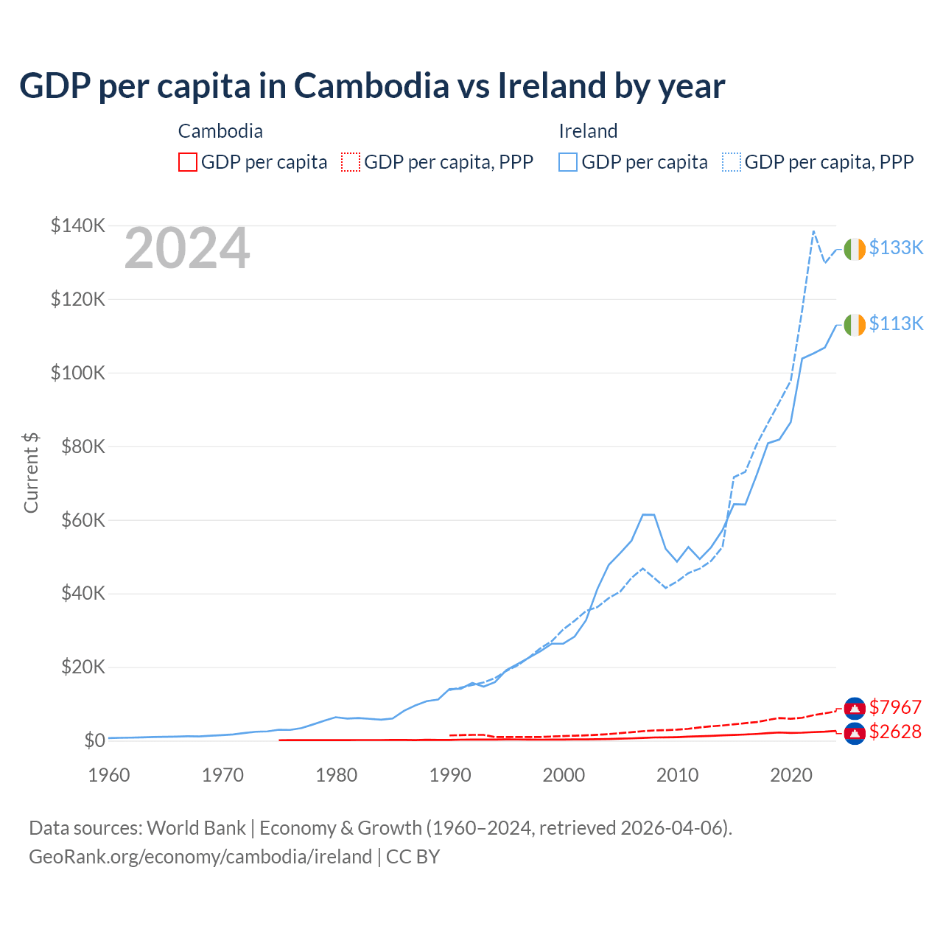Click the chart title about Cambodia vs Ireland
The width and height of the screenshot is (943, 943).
372,86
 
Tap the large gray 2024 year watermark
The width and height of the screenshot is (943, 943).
187,249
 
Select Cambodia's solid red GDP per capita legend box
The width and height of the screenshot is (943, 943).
188,162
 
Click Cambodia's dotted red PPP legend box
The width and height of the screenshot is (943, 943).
351,162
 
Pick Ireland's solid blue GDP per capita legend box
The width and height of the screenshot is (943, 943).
568,162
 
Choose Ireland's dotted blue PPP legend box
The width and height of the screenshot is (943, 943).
732,162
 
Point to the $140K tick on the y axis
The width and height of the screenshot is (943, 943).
77,225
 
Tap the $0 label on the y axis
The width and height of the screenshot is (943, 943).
94,740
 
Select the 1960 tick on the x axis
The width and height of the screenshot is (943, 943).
109,775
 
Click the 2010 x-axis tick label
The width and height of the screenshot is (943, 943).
677,775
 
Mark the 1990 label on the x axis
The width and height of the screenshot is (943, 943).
450,775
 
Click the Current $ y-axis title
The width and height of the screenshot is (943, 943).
31,472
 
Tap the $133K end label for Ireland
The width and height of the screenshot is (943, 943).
896,248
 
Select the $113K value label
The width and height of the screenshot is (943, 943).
896,323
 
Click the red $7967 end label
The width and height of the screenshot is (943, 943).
895,707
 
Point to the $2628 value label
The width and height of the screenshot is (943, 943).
895,732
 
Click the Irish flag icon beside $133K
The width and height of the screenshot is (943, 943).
855,250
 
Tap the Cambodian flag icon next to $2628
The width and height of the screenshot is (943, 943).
855,734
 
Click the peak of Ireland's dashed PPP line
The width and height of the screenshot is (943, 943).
813,231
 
